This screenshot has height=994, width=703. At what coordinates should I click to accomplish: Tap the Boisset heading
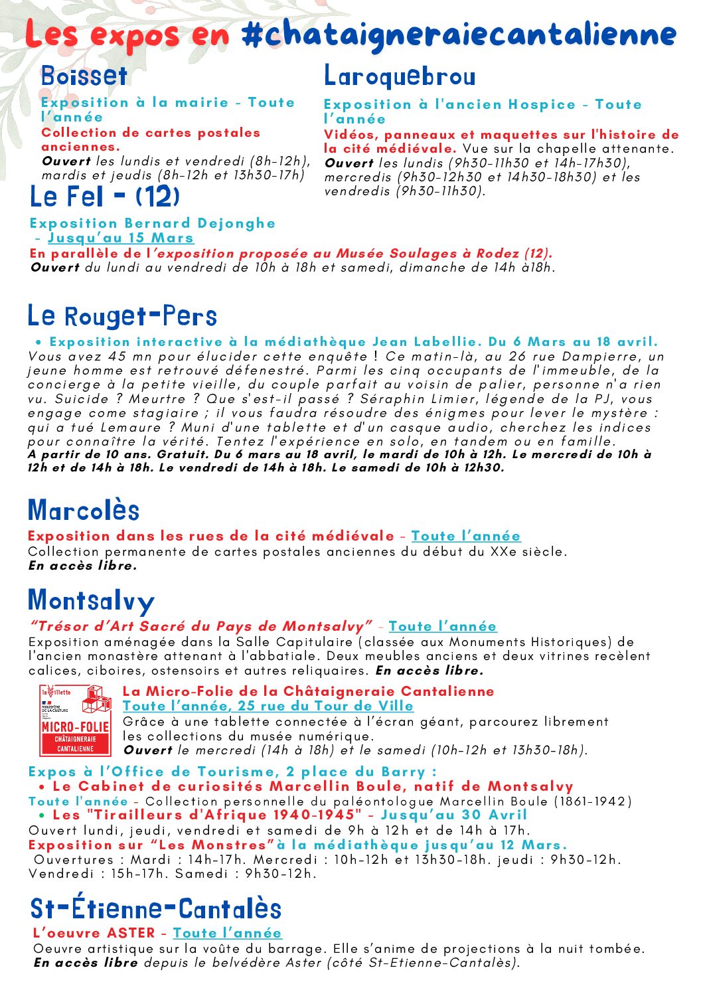coord(84,76)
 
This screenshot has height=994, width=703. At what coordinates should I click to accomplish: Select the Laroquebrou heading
coord(400,77)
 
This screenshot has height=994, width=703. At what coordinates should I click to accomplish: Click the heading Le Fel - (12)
coord(105,197)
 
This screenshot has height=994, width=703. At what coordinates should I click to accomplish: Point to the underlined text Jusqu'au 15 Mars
coord(121,238)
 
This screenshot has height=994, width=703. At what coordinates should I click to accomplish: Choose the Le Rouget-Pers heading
coord(122,316)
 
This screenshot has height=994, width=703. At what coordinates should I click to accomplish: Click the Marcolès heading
coord(84,511)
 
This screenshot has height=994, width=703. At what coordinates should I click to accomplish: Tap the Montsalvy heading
coord(91,601)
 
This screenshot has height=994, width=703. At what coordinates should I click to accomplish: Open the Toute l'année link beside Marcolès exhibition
coord(466,537)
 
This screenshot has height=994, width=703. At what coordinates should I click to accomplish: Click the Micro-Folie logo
coord(75,720)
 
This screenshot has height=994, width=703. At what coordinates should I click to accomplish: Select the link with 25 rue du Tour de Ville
coord(268,706)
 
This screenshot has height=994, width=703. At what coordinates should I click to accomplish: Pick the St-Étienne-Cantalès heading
coord(156,909)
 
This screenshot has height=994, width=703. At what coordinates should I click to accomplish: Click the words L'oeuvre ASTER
coord(94,934)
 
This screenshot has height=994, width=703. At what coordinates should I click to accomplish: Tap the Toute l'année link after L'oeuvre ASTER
coord(227,934)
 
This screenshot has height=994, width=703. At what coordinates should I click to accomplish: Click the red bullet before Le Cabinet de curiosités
coord(42,787)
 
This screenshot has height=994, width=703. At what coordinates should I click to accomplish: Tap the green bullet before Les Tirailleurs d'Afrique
coord(42,815)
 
